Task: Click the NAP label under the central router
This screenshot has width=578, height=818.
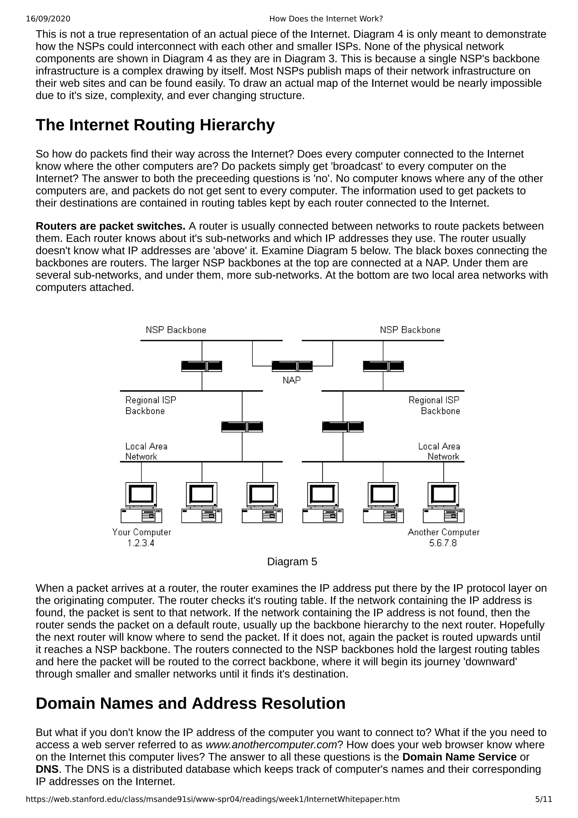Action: pyautogui.click(x=292, y=380)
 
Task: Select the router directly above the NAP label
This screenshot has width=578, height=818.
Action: pyautogui.click(x=292, y=366)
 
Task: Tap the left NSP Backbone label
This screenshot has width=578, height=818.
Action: pyautogui.click(x=176, y=330)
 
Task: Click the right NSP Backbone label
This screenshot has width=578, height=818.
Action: pyautogui.click(x=410, y=330)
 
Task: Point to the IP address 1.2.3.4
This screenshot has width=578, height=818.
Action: pyautogui.click(x=141, y=543)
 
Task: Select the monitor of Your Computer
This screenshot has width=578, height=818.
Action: pyautogui.click(x=141, y=494)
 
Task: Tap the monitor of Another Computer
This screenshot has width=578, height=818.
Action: pyautogui.click(x=443, y=494)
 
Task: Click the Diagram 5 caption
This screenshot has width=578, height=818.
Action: pyautogui.click(x=292, y=561)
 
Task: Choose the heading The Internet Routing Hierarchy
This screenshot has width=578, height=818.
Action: pyautogui.click(x=155, y=125)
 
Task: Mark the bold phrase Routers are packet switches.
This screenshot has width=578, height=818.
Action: pyautogui.click(x=110, y=226)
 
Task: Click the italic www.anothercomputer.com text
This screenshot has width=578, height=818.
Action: pyautogui.click(x=272, y=745)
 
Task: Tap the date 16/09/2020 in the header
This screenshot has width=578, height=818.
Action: pyautogui.click(x=48, y=19)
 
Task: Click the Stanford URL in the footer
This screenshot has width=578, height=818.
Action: pyautogui.click(x=213, y=799)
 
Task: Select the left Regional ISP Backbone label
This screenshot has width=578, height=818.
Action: pyautogui.click(x=151, y=405)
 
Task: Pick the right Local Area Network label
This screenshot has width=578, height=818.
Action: pyautogui.click(x=439, y=451)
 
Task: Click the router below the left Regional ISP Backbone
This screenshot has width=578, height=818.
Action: pyautogui.click(x=242, y=427)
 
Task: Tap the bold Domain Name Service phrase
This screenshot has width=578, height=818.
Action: pyautogui.click(x=459, y=757)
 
